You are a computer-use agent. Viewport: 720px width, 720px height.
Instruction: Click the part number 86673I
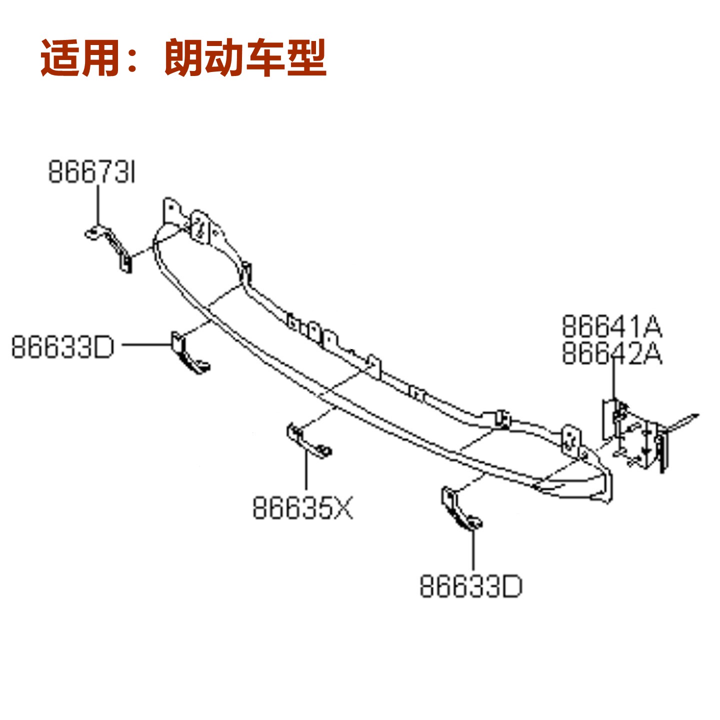pyautogui.click(x=91, y=172)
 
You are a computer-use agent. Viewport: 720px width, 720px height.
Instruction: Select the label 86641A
pyautogui.click(x=611, y=326)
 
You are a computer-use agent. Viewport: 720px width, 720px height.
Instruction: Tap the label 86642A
pyautogui.click(x=611, y=353)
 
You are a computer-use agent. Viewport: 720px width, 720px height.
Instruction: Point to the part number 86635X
pyautogui.click(x=302, y=508)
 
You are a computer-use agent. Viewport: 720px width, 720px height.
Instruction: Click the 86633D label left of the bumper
pyautogui.click(x=62, y=347)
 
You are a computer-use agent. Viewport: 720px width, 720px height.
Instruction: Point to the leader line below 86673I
pyautogui.click(x=98, y=205)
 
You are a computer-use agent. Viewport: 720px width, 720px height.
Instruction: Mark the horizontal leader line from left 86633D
pyautogui.click(x=147, y=344)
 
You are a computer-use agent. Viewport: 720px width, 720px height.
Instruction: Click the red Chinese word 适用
pyautogui.click(x=80, y=58)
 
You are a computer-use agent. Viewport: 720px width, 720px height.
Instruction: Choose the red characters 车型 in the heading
pyautogui.click(x=286, y=58)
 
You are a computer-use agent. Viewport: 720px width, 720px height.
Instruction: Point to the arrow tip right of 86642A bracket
pyautogui.click(x=698, y=414)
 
